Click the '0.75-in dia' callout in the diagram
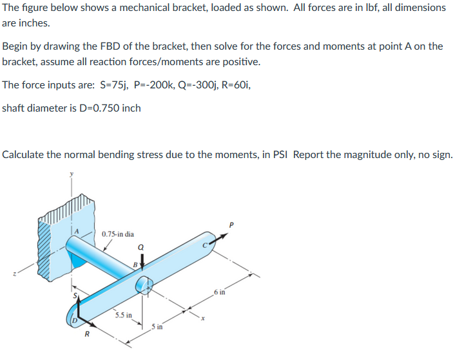(x=118, y=234)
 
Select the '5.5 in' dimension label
(x=124, y=315)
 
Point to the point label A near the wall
(x=76, y=230)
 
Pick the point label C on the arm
(x=207, y=245)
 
